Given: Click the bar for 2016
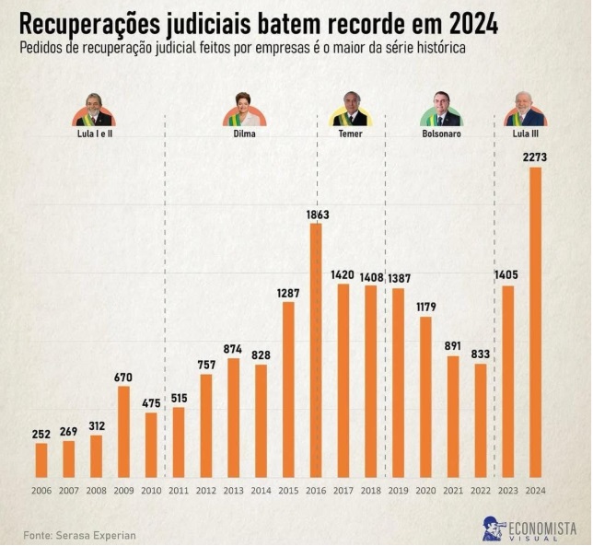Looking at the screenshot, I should [316, 350].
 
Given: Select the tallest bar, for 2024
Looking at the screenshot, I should [535, 322].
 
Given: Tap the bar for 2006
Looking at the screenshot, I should [41, 459].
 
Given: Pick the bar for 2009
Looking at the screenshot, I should [123, 431].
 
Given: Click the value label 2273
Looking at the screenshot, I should [535, 157].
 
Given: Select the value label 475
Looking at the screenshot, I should [151, 402].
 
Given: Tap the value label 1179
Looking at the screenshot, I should [425, 307].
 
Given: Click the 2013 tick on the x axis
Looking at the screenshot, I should [233, 490].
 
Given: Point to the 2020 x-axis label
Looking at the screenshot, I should [425, 490].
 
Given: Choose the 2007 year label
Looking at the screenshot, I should [68, 490].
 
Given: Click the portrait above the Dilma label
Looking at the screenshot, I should [244, 110].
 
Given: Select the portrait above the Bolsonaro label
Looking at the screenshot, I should [441, 110].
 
